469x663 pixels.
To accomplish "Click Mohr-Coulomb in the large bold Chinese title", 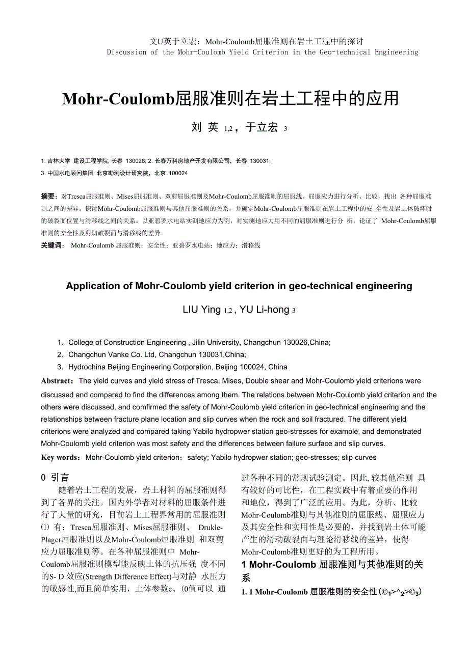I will click(118, 99).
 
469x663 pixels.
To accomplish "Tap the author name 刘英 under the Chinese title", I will click(205, 128).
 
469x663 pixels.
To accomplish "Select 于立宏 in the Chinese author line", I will click(262, 128).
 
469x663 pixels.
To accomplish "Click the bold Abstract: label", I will click(58, 381).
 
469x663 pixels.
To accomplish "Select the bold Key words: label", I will click(61, 458).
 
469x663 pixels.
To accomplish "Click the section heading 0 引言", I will click(55, 478).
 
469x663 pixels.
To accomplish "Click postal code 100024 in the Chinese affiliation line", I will click(178, 173).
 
